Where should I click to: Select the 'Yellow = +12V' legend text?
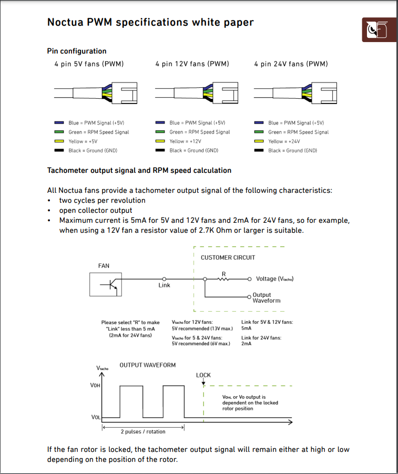185,141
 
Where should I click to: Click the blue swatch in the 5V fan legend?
59,122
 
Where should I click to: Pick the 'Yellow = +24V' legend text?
284,141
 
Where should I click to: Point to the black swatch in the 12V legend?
160,151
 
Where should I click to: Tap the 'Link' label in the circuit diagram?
165,285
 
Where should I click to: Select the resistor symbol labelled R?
224,279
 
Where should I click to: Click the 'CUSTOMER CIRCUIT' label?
228,257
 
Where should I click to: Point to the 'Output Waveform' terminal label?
267,298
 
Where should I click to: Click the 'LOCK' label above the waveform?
203,375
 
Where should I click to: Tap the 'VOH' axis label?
95,386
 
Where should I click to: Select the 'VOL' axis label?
96,417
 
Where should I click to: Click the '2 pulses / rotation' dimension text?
143,431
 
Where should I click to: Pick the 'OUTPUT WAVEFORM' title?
148,365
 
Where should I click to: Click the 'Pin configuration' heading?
77,51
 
